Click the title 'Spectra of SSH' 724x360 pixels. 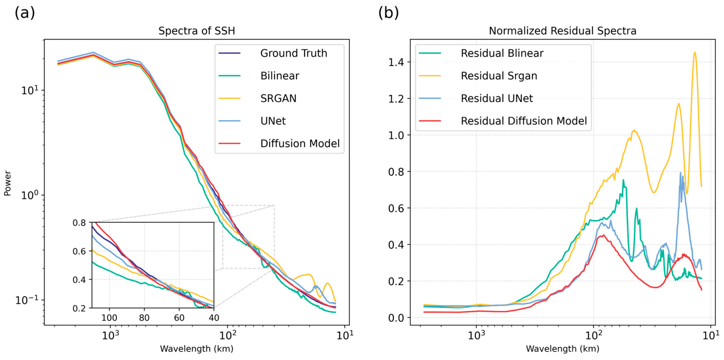pos(196,31)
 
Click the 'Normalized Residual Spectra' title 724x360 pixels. pos(562,31)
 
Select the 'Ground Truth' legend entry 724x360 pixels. pos(293,53)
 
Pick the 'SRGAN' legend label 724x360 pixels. pos(278,98)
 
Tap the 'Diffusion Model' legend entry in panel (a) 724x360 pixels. pos(300,144)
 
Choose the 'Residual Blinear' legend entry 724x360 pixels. pos(502,53)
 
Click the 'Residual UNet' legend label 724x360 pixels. pos(497,98)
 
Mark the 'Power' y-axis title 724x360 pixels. pos(8,183)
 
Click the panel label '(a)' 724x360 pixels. pos(25,13)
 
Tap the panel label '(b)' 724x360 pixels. pos(388,13)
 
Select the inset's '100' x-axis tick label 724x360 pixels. pos(109,318)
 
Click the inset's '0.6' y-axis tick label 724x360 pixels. pos(79,251)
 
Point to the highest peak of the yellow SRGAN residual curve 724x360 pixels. pos(695,52)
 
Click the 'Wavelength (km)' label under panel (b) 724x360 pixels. pos(562,349)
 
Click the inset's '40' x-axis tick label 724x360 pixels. pos(214,318)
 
